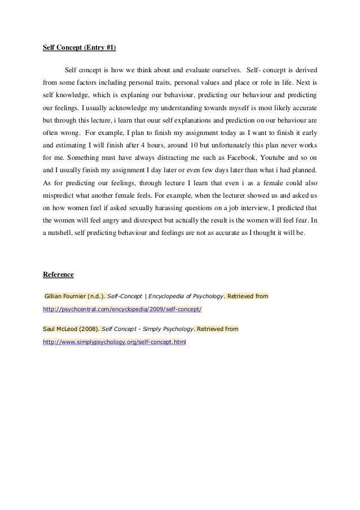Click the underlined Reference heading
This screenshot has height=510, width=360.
[59, 274]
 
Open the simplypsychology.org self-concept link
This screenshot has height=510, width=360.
[115, 342]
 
